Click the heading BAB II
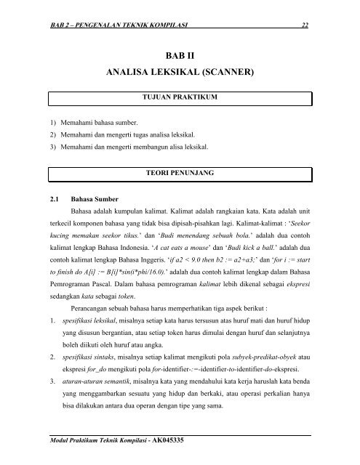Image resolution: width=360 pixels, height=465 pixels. tap(179, 54)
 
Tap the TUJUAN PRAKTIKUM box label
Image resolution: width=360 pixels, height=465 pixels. tap(179, 96)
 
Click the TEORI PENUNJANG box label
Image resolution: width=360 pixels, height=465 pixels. tap(179, 174)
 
